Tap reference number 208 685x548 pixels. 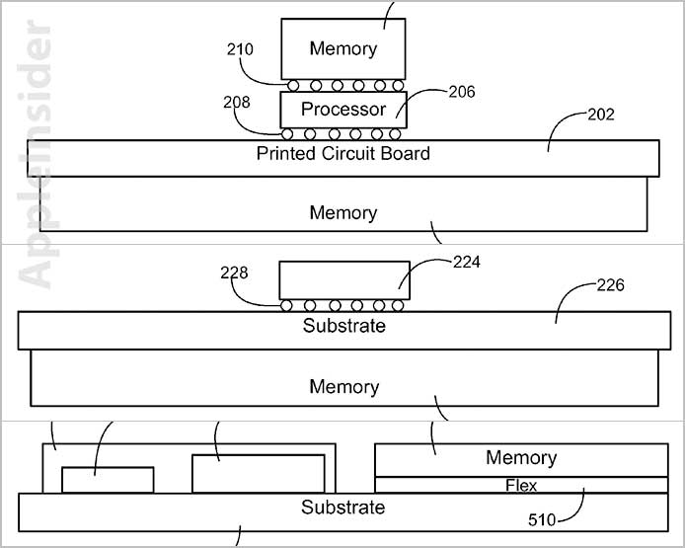tap(237, 102)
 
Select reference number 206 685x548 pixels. tap(461, 92)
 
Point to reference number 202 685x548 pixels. tap(600, 115)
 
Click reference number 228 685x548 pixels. tap(234, 273)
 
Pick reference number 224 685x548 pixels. tap(466, 263)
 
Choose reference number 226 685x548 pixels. tap(611, 286)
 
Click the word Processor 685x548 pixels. tap(343, 110)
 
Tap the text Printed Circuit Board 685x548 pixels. tap(343, 153)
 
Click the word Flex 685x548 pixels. tap(521, 485)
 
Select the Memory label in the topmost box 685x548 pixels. tap(343, 48)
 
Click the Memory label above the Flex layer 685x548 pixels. tap(521, 458)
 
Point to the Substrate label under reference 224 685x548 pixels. tap(343, 326)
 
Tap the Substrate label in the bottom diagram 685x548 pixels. tap(343, 508)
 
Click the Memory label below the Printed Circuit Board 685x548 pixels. tap(343, 213)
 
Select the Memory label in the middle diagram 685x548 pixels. tap(343, 387)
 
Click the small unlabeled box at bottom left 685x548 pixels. tap(108, 480)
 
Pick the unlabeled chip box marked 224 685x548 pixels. tap(344, 279)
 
